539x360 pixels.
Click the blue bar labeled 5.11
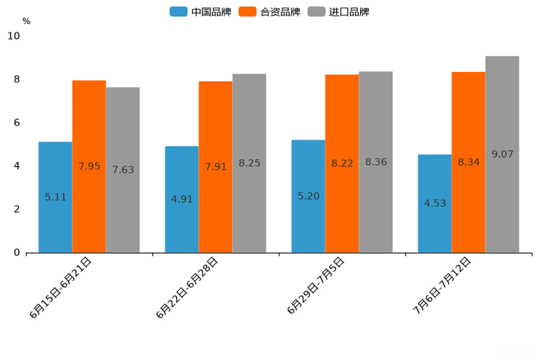point(55,197)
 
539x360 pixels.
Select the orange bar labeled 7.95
point(89,166)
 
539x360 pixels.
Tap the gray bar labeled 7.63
point(122,170)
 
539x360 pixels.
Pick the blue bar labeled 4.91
point(182,199)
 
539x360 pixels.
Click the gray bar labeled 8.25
point(249,163)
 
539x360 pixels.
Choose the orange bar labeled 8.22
point(342,163)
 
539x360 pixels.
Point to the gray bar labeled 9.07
point(502,154)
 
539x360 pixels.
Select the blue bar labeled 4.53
point(435,203)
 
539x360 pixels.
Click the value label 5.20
point(309,196)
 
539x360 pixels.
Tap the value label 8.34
point(469,162)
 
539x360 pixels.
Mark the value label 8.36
point(376,162)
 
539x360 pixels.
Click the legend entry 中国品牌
point(201,12)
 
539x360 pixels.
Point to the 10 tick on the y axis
point(14,36)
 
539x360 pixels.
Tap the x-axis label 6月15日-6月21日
point(61,287)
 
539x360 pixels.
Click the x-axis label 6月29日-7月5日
point(316,285)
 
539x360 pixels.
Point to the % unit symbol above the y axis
point(26,21)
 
